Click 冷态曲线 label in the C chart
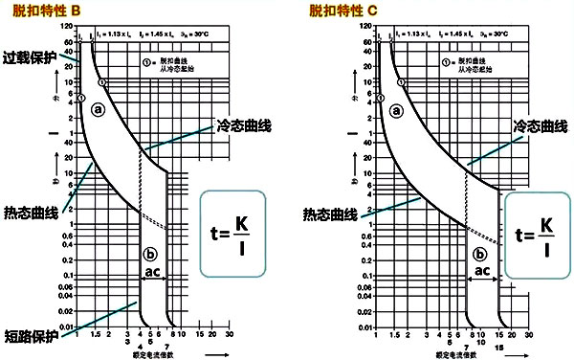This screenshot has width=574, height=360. coord(537,126)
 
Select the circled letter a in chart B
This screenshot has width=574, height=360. coord(98,110)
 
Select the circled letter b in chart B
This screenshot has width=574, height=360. coord(148,255)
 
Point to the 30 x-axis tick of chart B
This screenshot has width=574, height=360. coord(229,335)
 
